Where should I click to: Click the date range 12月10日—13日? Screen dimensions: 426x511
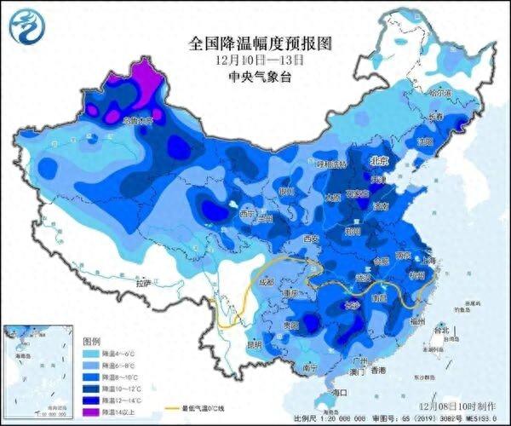[x=256, y=60]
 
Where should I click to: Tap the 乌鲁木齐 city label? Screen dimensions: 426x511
[x=136, y=122]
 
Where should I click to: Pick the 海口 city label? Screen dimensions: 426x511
[x=339, y=392]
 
